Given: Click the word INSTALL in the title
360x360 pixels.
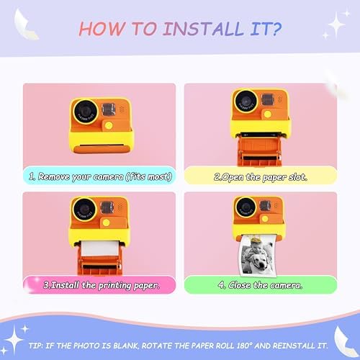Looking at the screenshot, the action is click(203, 29).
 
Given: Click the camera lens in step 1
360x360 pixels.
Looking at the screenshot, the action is click(85, 112).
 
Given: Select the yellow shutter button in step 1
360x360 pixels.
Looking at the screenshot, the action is click(109, 125).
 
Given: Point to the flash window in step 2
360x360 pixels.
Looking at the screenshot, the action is click(267, 99).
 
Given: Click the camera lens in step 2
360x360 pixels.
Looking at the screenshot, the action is click(246, 102).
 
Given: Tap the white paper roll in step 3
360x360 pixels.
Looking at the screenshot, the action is click(99, 248).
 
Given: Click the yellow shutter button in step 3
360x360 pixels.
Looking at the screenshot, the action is click(106, 222).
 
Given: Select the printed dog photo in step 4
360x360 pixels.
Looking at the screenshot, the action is click(258, 256).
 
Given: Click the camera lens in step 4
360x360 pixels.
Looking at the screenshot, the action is click(246, 207).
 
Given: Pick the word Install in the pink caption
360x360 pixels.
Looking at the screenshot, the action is click(65, 285).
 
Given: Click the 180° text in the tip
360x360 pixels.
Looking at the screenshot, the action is click(245, 346).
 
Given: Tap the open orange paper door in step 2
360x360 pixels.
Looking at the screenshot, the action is click(259, 150).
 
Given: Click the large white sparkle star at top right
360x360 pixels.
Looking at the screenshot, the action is click(336, 24).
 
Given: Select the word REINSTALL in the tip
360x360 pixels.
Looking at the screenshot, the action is click(294, 346).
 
